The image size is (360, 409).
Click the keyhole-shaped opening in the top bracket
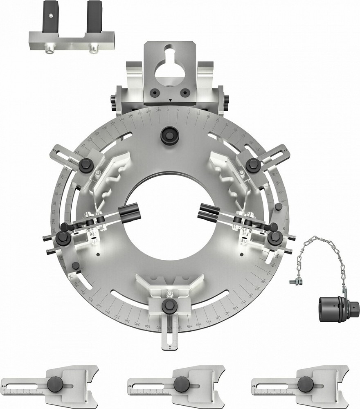coord(168,65)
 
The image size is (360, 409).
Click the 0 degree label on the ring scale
coord(167,110)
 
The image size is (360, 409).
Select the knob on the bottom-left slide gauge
coord(55,384)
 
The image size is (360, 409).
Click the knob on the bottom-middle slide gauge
coord(180,384)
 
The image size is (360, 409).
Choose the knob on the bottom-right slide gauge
coord(305,384)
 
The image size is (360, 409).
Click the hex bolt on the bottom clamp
coord(169,305)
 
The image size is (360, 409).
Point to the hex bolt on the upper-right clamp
coord(251,164)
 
